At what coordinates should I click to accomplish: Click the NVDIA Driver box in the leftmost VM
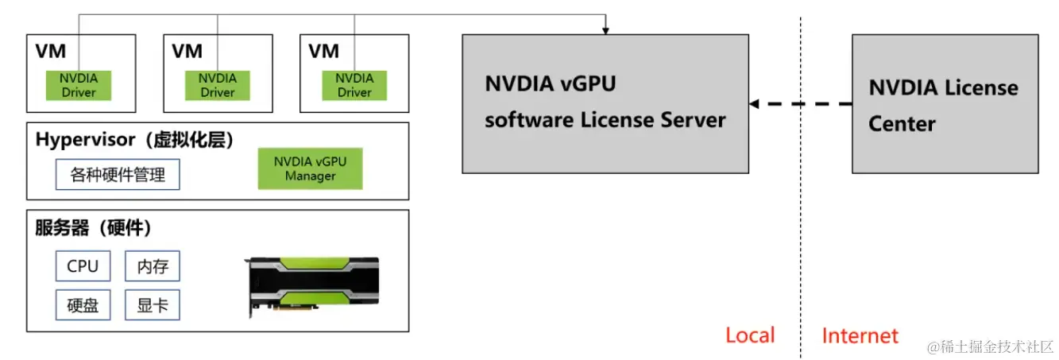coord(79,85)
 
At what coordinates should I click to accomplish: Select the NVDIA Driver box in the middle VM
coord(217,85)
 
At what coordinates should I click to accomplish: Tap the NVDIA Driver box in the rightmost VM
coord(354,85)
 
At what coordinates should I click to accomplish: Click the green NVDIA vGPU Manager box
coord(310,168)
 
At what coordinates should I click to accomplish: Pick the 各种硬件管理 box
coord(118,175)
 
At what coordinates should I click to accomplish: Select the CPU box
coord(83,266)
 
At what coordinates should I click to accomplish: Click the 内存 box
coord(153,266)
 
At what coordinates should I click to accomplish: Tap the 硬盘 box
coord(83,305)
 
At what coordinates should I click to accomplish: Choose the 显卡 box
coord(153,305)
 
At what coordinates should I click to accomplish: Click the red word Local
coord(749,335)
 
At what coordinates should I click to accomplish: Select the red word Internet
coord(860,335)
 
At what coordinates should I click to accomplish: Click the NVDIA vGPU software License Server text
coord(605,103)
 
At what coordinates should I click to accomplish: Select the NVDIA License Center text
coord(943,105)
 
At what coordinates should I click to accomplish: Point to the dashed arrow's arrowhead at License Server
coord(754,104)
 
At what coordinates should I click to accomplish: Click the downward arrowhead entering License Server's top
coord(605,30)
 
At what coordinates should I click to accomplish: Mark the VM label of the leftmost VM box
coord(50,51)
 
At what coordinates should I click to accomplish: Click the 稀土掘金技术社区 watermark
coord(989,346)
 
